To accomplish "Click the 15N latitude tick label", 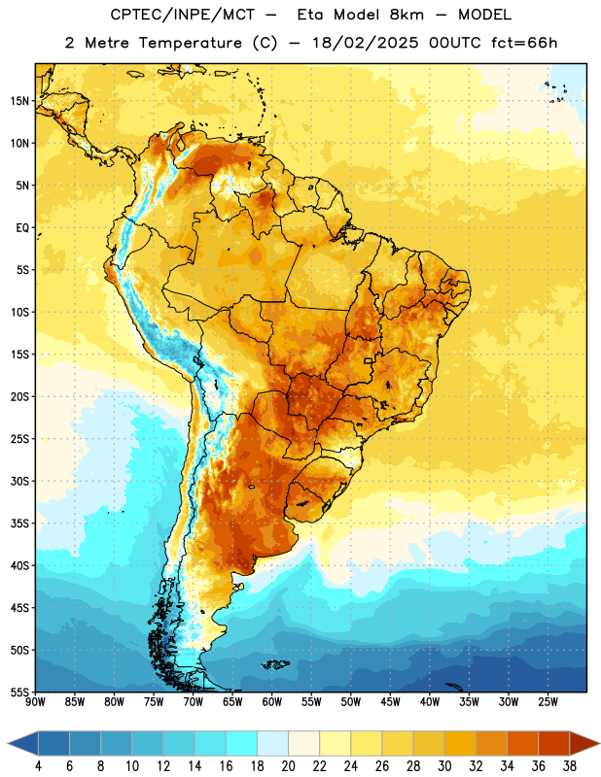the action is point(18,101).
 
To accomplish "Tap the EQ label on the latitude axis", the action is point(22,228).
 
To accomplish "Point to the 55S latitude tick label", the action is point(18,692).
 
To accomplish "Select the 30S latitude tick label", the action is point(18,481).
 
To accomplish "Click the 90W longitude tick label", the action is point(35,702).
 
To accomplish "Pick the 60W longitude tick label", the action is point(272,702).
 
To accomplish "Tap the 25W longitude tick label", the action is point(548,702).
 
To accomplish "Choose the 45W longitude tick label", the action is point(390,702).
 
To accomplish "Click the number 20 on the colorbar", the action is point(288,766).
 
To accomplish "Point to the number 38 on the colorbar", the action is point(570,766).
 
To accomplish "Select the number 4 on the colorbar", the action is point(38,766).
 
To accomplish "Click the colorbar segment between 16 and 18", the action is point(242,744).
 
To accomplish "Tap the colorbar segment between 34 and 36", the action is point(523,744).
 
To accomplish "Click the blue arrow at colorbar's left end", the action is point(23,744).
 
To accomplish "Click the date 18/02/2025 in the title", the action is point(366,43).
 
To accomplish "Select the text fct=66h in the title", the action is point(524,43).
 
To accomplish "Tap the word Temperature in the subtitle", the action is point(190,44).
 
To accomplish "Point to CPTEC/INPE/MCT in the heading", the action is point(183,15).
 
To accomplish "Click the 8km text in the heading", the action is point(407,15).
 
